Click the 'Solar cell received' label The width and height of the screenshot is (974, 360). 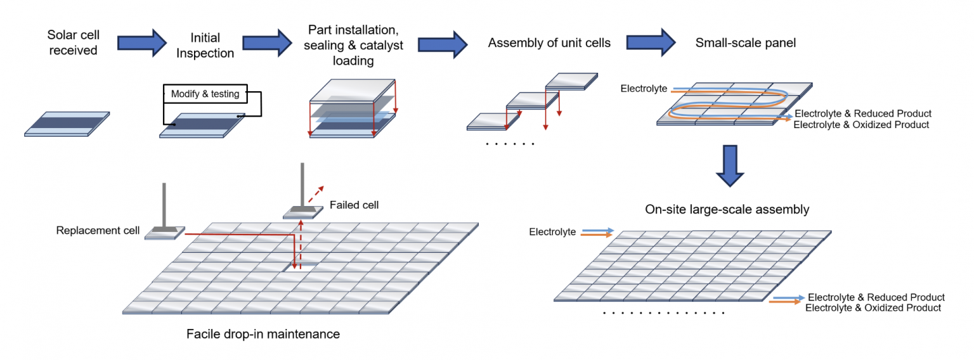[x=73, y=42]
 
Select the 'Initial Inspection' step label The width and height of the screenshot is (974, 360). [x=205, y=46]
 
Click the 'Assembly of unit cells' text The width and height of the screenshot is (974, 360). [x=549, y=42]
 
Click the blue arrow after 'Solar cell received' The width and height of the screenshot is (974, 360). [x=140, y=42]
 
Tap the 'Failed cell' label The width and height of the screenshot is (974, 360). [x=354, y=205]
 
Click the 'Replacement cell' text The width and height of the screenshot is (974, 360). [x=98, y=229]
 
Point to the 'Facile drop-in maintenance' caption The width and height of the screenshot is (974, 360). [x=263, y=333]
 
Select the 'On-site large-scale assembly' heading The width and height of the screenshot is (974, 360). [x=727, y=209]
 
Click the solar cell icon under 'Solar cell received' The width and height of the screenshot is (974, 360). [x=67, y=124]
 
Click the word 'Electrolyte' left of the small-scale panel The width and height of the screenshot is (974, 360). [x=644, y=89]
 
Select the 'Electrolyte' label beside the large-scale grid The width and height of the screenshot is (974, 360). [x=552, y=232]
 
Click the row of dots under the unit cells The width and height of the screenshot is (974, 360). [x=510, y=145]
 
